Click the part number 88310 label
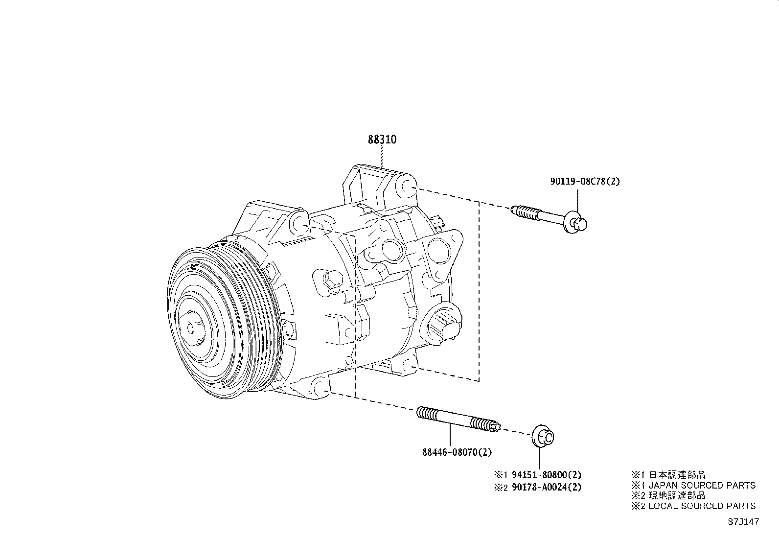pyautogui.click(x=382, y=140)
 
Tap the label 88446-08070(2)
pyautogui.click(x=457, y=453)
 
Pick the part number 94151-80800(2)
pyautogui.click(x=546, y=474)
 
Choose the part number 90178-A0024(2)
pyautogui.click(x=546, y=487)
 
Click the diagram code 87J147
pyautogui.click(x=743, y=521)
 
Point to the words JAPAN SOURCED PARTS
pyautogui.click(x=702, y=485)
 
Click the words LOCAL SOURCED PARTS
pyautogui.click(x=702, y=506)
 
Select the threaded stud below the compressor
pyautogui.click(x=458, y=420)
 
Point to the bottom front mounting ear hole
pyautogui.click(x=319, y=387)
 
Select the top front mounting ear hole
pyautogui.click(x=299, y=223)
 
